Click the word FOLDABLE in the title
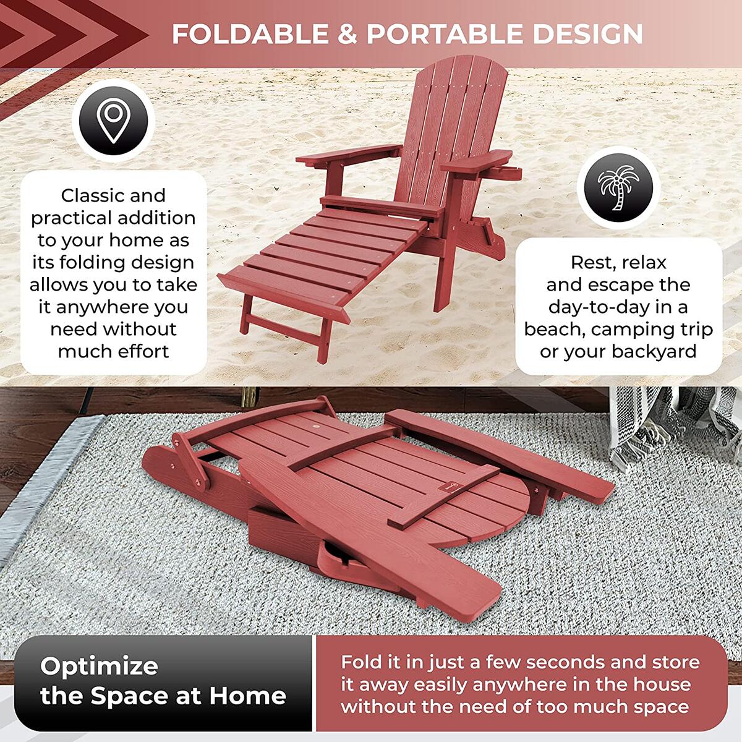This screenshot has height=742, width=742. point(250,34)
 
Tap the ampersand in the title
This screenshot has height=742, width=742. point(348,34)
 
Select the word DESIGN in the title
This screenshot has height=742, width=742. point(587,34)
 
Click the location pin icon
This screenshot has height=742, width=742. point(113,121)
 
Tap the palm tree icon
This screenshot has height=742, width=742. point(618,188)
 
